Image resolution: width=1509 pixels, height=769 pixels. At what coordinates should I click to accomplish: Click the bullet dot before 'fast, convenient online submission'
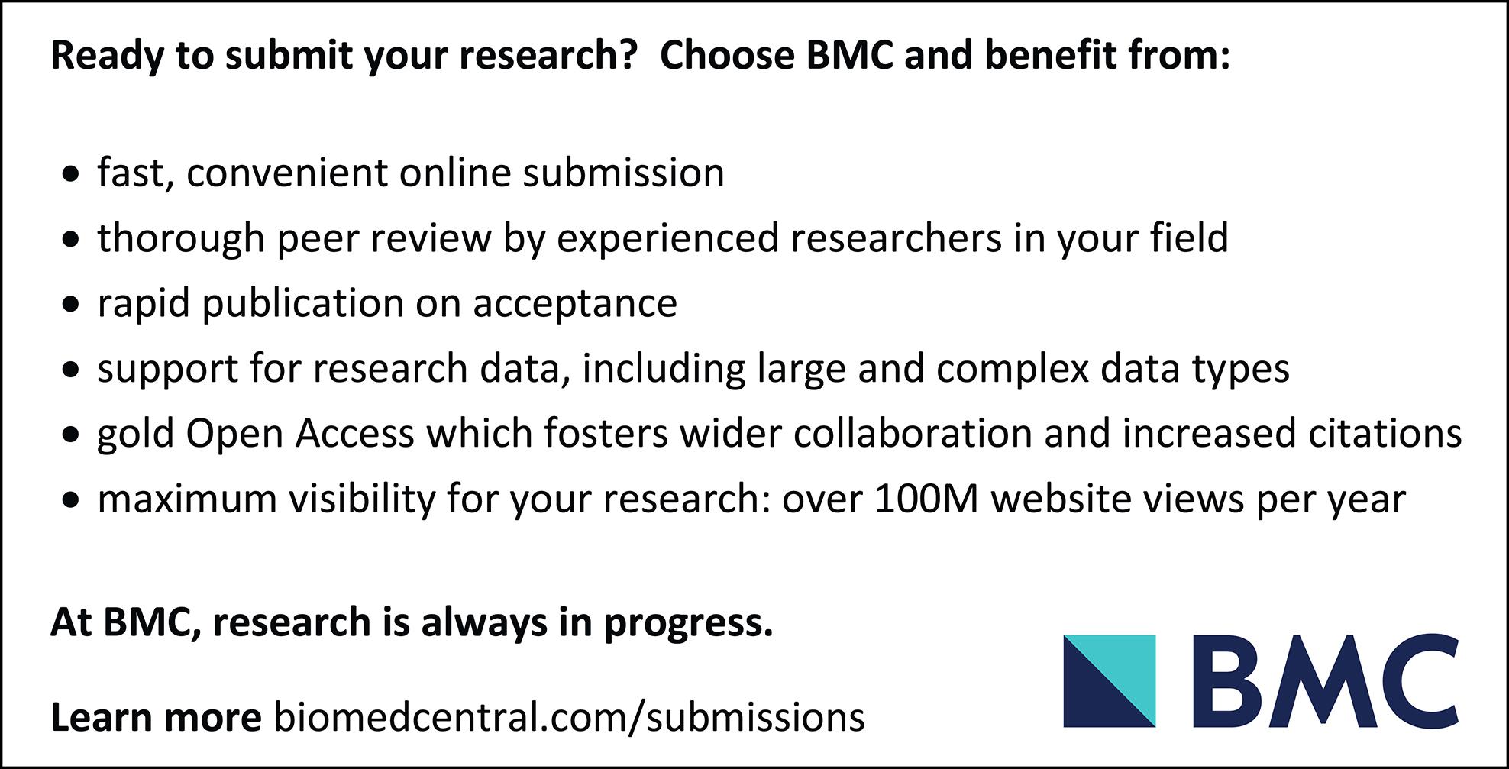pos(72,175)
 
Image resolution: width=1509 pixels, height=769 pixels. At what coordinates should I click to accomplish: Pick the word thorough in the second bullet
pos(180,239)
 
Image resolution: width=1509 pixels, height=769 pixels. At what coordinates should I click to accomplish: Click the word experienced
pos(667,239)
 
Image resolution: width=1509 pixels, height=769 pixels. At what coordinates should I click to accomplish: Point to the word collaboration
pos(913,434)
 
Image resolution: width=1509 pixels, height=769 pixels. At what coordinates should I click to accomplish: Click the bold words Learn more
pos(156,718)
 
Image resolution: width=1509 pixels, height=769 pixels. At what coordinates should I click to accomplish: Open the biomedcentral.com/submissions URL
pos(569,718)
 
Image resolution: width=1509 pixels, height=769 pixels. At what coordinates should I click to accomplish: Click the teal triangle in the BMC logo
pos(1125,665)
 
